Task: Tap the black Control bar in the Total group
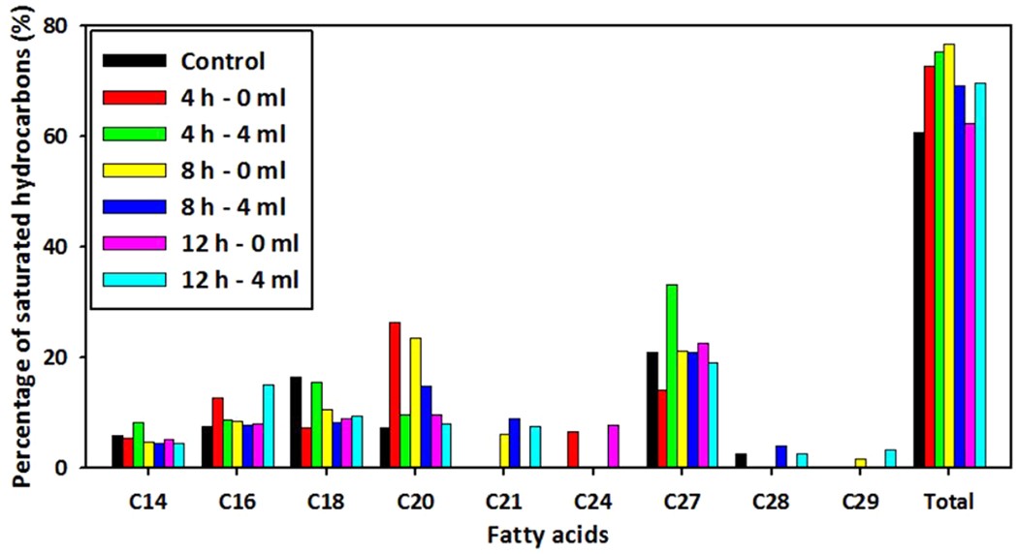tap(918, 300)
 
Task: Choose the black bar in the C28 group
tap(741, 460)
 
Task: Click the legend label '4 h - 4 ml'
tap(234, 135)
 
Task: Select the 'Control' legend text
tap(222, 62)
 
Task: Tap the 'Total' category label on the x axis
tap(949, 502)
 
